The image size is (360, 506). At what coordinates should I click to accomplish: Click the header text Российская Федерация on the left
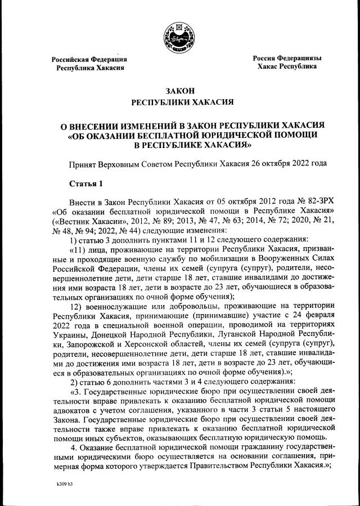point(89,59)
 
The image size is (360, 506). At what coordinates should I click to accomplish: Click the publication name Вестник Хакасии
point(89,221)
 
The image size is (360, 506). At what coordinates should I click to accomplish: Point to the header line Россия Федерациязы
point(286,58)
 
